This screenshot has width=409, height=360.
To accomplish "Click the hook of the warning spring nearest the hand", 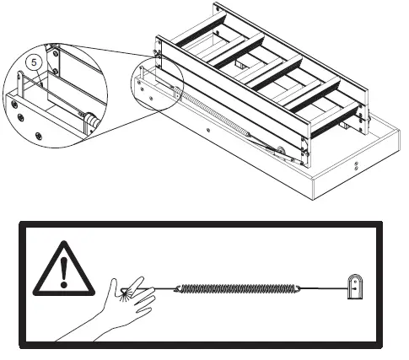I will tap(180, 289).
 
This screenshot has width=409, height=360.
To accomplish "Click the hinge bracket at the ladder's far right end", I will tap(363, 118).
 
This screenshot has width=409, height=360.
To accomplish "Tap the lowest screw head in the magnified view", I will tap(37, 135).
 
